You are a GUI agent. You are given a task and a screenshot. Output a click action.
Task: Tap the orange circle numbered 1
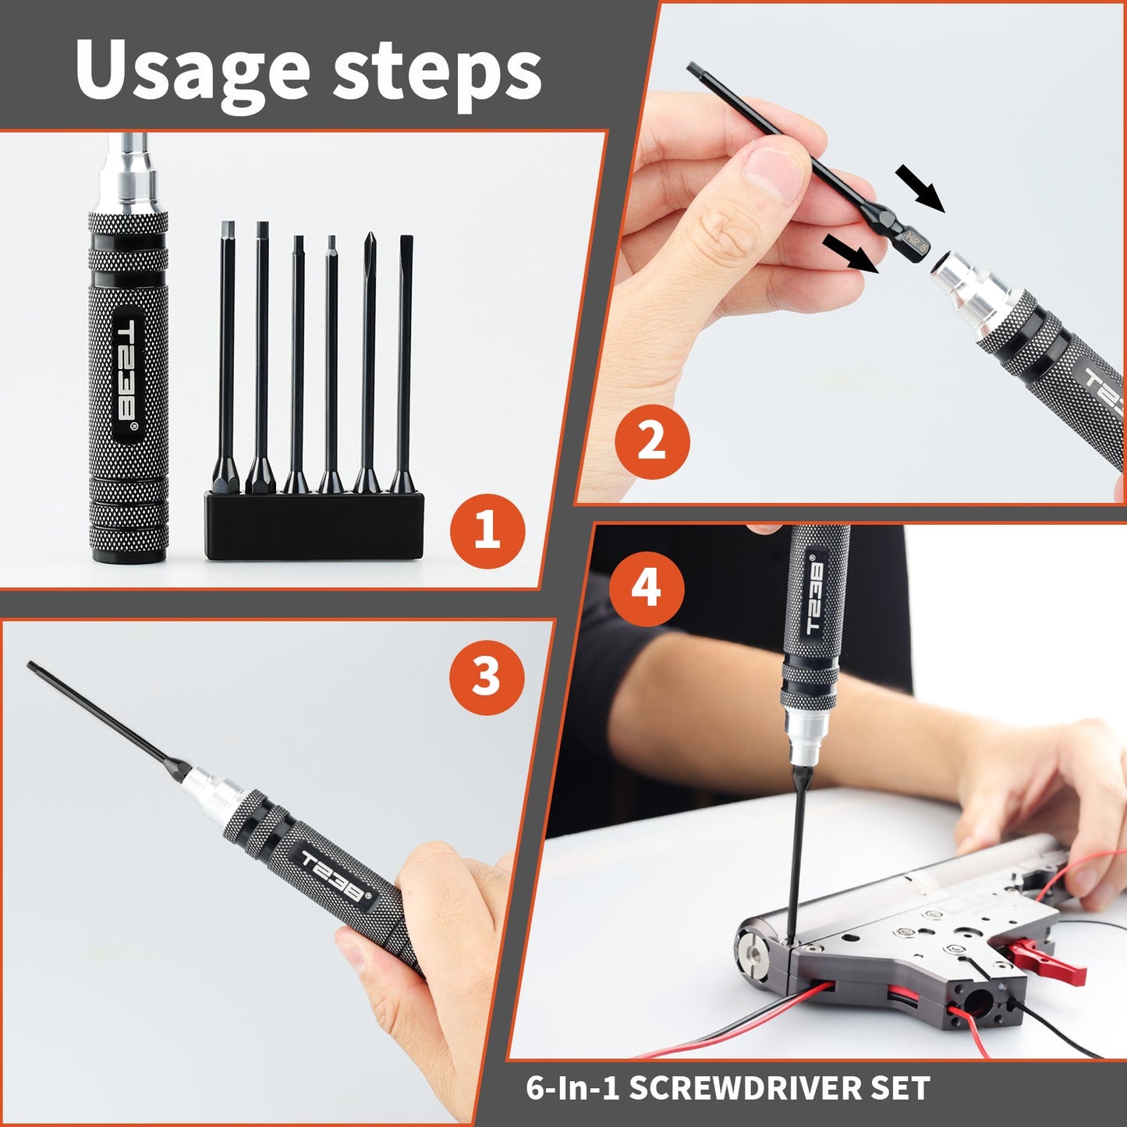[487, 531]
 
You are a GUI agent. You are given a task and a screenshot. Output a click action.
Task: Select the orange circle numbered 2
[652, 442]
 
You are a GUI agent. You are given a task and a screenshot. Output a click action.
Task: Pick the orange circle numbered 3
[487, 676]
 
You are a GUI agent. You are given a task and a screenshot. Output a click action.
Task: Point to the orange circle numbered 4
[647, 587]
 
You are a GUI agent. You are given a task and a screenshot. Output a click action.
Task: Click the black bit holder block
[314, 526]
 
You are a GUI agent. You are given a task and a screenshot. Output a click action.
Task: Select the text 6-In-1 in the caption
[572, 1088]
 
